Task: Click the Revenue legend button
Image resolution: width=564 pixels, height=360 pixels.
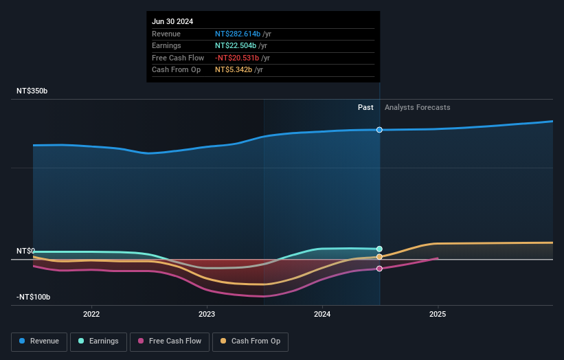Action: coord(40,341)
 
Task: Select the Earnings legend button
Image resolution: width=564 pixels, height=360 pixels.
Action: coord(98,341)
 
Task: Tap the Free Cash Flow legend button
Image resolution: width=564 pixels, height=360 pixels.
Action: coord(169,341)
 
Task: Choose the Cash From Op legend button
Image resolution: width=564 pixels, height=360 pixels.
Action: coord(251,341)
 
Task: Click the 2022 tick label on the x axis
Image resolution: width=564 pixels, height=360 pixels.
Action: coord(91,314)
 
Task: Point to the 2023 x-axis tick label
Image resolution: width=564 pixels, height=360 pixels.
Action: coord(207,314)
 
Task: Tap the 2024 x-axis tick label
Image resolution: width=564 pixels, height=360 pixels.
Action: coord(322,314)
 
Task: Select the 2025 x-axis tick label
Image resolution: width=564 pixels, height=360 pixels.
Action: coord(438,314)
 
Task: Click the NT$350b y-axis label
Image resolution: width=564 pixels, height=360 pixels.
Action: coord(32,91)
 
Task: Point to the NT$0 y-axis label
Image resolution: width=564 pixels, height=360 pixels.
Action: coord(25,251)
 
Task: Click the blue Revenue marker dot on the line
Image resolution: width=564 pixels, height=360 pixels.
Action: coord(379,130)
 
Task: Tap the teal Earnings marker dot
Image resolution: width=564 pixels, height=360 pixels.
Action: coord(379,249)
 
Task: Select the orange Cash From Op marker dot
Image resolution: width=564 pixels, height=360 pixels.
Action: coord(379,257)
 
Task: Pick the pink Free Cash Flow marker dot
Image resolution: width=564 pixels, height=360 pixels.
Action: coord(379,269)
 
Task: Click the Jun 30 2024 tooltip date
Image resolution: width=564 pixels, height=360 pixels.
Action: coord(172,21)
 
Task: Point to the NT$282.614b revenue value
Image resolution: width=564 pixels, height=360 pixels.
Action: coord(238,34)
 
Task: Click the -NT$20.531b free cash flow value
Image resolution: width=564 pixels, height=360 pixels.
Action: coord(238,58)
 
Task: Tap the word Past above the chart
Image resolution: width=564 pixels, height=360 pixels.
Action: coord(365,107)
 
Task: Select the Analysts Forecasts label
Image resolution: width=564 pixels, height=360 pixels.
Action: coord(418,107)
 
